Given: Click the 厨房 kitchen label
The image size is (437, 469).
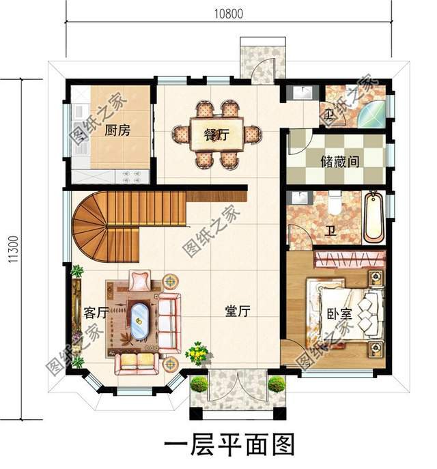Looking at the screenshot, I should tap(117, 130).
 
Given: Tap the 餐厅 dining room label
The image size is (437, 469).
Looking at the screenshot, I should tap(216, 134).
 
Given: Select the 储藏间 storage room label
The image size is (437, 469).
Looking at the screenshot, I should tap(340, 161).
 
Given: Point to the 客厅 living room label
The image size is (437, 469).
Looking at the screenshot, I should tap(96, 313).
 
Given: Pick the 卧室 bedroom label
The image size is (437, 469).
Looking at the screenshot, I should tap(339, 315).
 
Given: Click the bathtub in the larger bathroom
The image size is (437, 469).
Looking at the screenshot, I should tap(373, 218).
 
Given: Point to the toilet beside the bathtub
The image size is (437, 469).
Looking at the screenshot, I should tap(334, 203).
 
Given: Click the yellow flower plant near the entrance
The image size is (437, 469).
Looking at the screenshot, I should tap(198, 353).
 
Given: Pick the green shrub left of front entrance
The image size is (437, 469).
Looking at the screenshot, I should tap(199, 384).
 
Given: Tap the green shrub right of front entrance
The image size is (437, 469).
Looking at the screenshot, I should tap(277, 384).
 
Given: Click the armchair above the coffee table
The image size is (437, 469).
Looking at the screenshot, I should tap(139, 280).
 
